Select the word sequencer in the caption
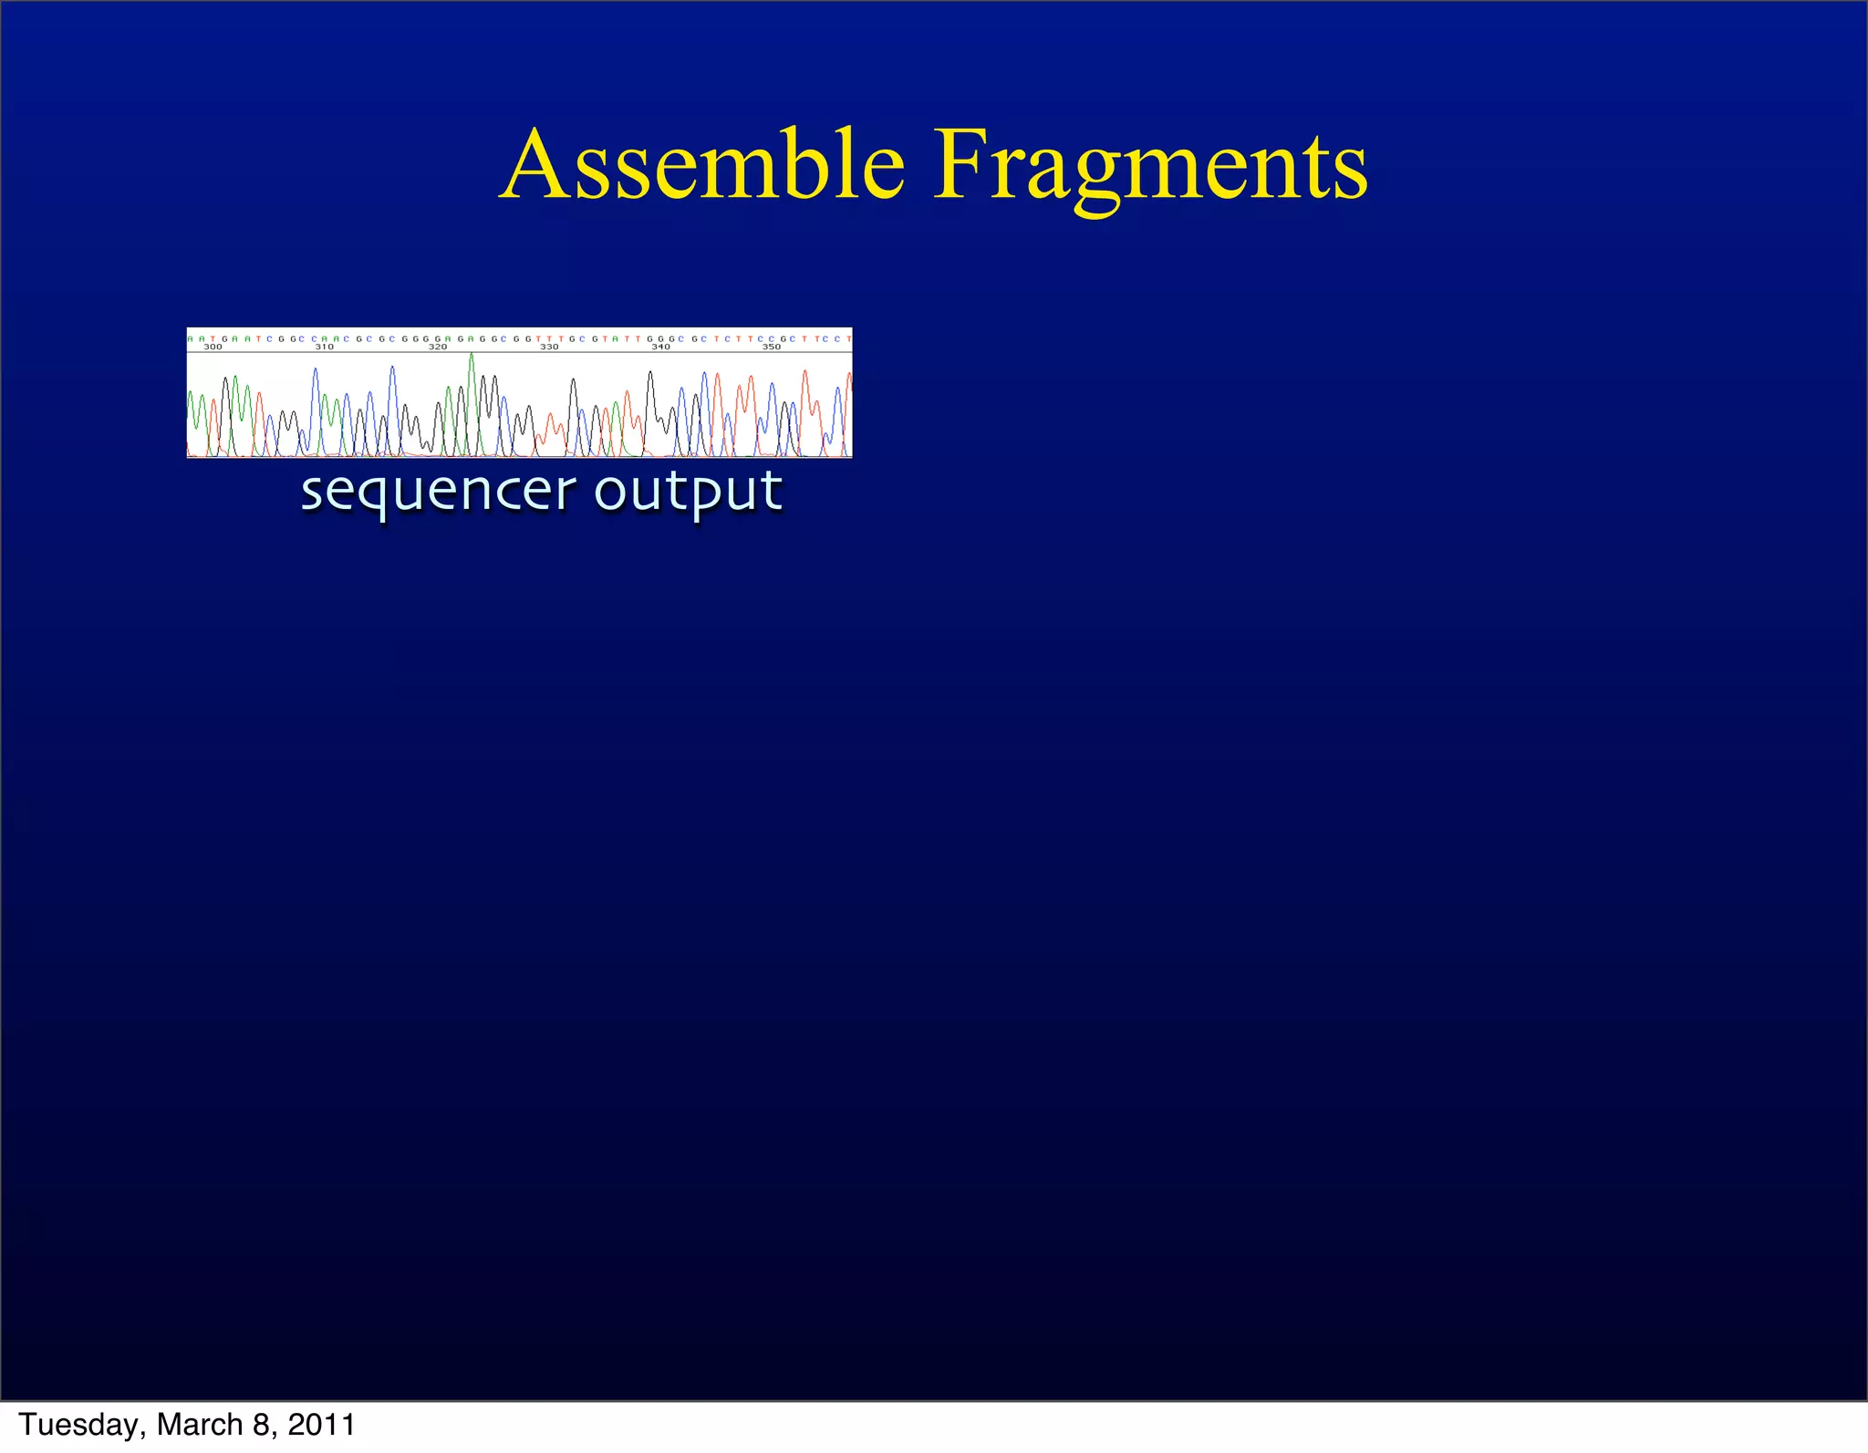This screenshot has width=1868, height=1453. point(438,493)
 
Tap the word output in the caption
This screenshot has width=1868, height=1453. point(689,493)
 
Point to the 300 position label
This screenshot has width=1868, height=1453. point(213,348)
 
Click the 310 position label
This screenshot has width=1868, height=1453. point(324,348)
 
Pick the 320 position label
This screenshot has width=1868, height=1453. point(438,348)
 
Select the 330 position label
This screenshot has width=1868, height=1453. point(549,348)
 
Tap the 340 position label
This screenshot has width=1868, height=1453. point(660,348)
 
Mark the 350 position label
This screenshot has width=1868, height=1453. point(772,348)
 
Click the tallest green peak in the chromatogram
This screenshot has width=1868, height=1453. point(472,358)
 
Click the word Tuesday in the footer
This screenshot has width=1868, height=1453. point(79,1425)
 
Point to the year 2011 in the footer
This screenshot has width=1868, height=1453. point(321,1425)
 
